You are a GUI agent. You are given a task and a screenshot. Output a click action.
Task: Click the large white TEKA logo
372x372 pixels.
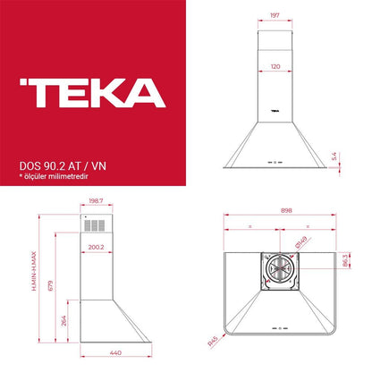tap(93, 93)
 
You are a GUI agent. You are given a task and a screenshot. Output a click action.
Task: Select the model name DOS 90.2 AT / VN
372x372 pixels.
tap(63, 166)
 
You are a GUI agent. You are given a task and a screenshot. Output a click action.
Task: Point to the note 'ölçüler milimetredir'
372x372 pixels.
tap(55, 176)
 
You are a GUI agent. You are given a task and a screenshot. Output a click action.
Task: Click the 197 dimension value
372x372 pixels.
tap(275, 15)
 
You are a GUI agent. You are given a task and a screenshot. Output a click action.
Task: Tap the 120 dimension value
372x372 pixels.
tap(275, 66)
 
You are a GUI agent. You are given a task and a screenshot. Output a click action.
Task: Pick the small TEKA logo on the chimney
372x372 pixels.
tap(275, 111)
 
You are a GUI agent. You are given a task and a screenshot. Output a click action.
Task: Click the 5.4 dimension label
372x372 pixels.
tap(334, 156)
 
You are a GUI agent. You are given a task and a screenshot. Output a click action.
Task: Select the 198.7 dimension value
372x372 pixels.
tap(96, 201)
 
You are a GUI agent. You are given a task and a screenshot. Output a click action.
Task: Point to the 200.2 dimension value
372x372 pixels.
tap(96, 247)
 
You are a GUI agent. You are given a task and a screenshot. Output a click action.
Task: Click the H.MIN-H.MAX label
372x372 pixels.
tap(34, 271)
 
